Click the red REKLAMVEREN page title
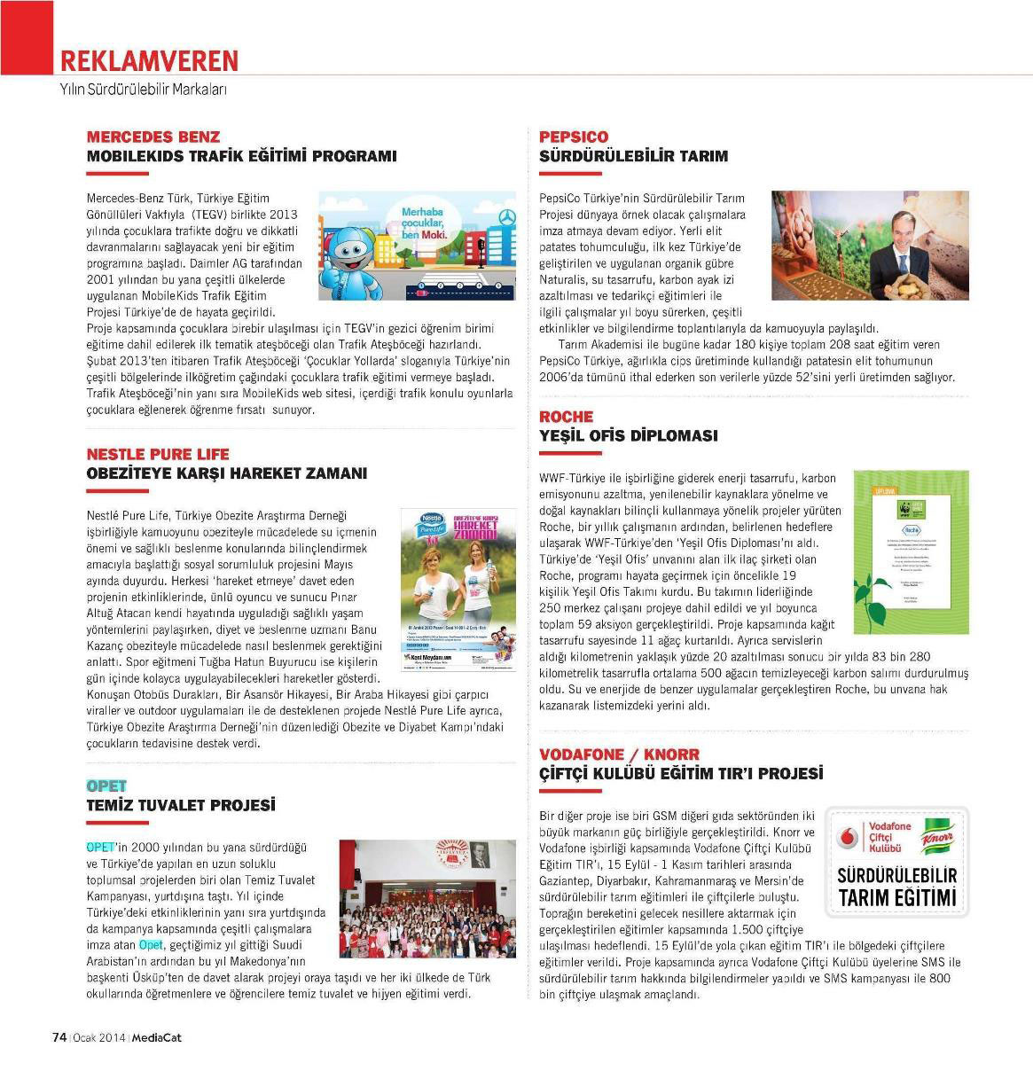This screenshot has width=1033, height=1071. [149, 60]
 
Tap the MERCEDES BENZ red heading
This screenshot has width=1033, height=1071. [153, 137]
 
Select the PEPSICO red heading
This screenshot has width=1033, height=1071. [574, 137]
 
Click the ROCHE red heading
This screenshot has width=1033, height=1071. [566, 417]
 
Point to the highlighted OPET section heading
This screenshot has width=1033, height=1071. [106, 786]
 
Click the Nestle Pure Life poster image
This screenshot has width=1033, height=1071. [454, 590]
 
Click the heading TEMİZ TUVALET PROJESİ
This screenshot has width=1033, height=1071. [181, 805]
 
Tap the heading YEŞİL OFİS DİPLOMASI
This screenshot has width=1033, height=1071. [629, 435]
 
